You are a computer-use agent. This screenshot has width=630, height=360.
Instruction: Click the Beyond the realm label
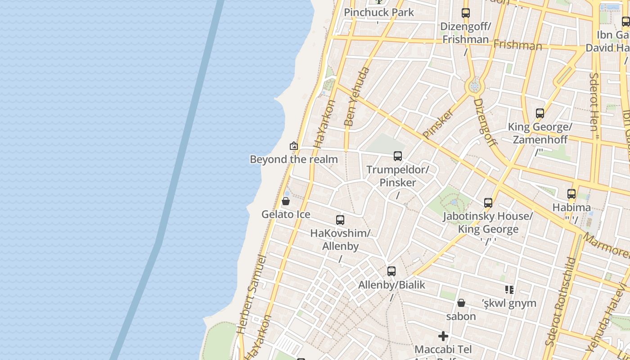point(293,159)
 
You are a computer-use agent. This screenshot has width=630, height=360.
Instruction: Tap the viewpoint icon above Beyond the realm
point(294,146)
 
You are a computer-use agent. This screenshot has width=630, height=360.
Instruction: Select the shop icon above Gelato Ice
point(285,201)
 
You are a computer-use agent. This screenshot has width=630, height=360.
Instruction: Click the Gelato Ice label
point(286,214)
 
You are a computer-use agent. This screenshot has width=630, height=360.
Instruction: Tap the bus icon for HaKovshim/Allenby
point(340,220)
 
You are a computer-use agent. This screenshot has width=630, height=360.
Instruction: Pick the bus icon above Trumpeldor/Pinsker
point(398,156)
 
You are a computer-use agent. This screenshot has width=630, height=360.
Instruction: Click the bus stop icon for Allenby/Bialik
point(391,271)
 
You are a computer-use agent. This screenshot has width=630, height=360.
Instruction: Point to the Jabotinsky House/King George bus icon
point(488,203)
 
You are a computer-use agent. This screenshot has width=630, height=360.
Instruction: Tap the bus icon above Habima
point(571,194)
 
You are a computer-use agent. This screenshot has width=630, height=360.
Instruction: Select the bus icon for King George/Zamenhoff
point(540,113)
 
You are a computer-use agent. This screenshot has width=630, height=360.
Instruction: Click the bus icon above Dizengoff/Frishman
point(466,13)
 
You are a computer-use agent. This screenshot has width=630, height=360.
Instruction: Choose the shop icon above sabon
point(461,303)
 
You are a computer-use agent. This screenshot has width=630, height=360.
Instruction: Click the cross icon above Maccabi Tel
point(443,336)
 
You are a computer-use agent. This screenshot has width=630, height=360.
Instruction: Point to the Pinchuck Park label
point(379,12)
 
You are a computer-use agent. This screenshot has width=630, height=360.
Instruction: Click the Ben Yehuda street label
point(356,97)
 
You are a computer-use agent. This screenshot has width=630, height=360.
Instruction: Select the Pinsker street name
point(438,123)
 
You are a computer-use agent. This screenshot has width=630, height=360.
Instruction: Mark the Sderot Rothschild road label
point(560,301)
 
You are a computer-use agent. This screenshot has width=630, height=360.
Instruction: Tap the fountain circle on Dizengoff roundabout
point(474,85)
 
